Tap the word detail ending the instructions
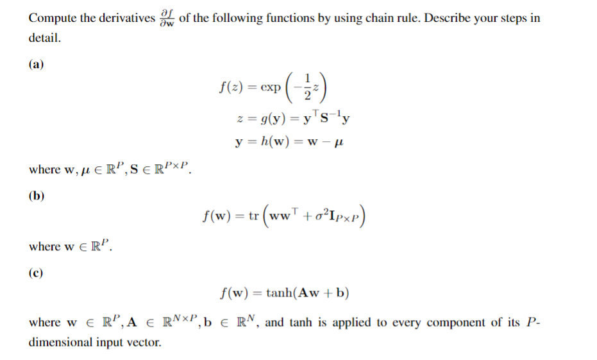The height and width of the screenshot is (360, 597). [x=45, y=38]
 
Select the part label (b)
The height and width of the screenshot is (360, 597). [x=37, y=196]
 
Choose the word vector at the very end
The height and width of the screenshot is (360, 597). [x=146, y=342]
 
